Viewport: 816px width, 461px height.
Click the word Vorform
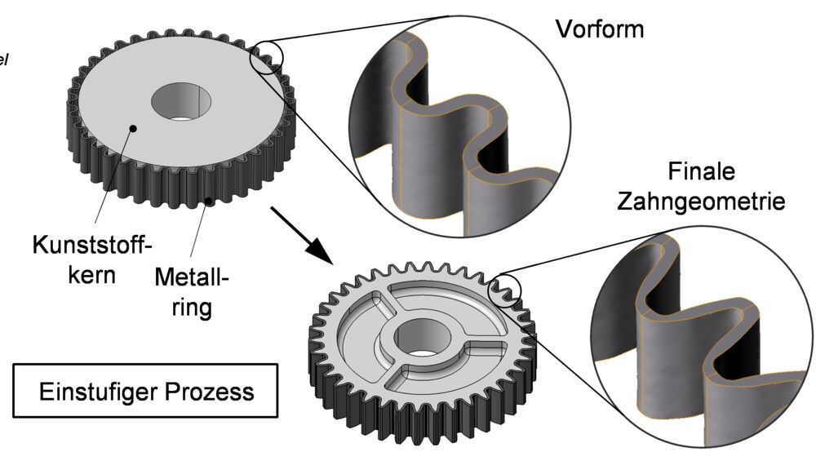[600, 30]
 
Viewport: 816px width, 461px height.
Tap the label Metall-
[191, 279]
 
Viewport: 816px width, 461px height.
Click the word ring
[192, 308]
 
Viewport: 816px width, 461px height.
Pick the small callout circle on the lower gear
[504, 289]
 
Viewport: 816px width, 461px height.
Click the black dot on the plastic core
[135, 127]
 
